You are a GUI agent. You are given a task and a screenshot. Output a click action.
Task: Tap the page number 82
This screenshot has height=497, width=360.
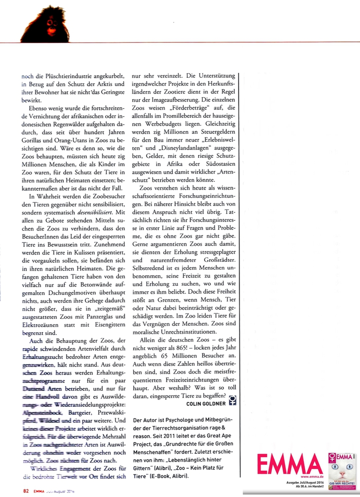coord(26,491)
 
